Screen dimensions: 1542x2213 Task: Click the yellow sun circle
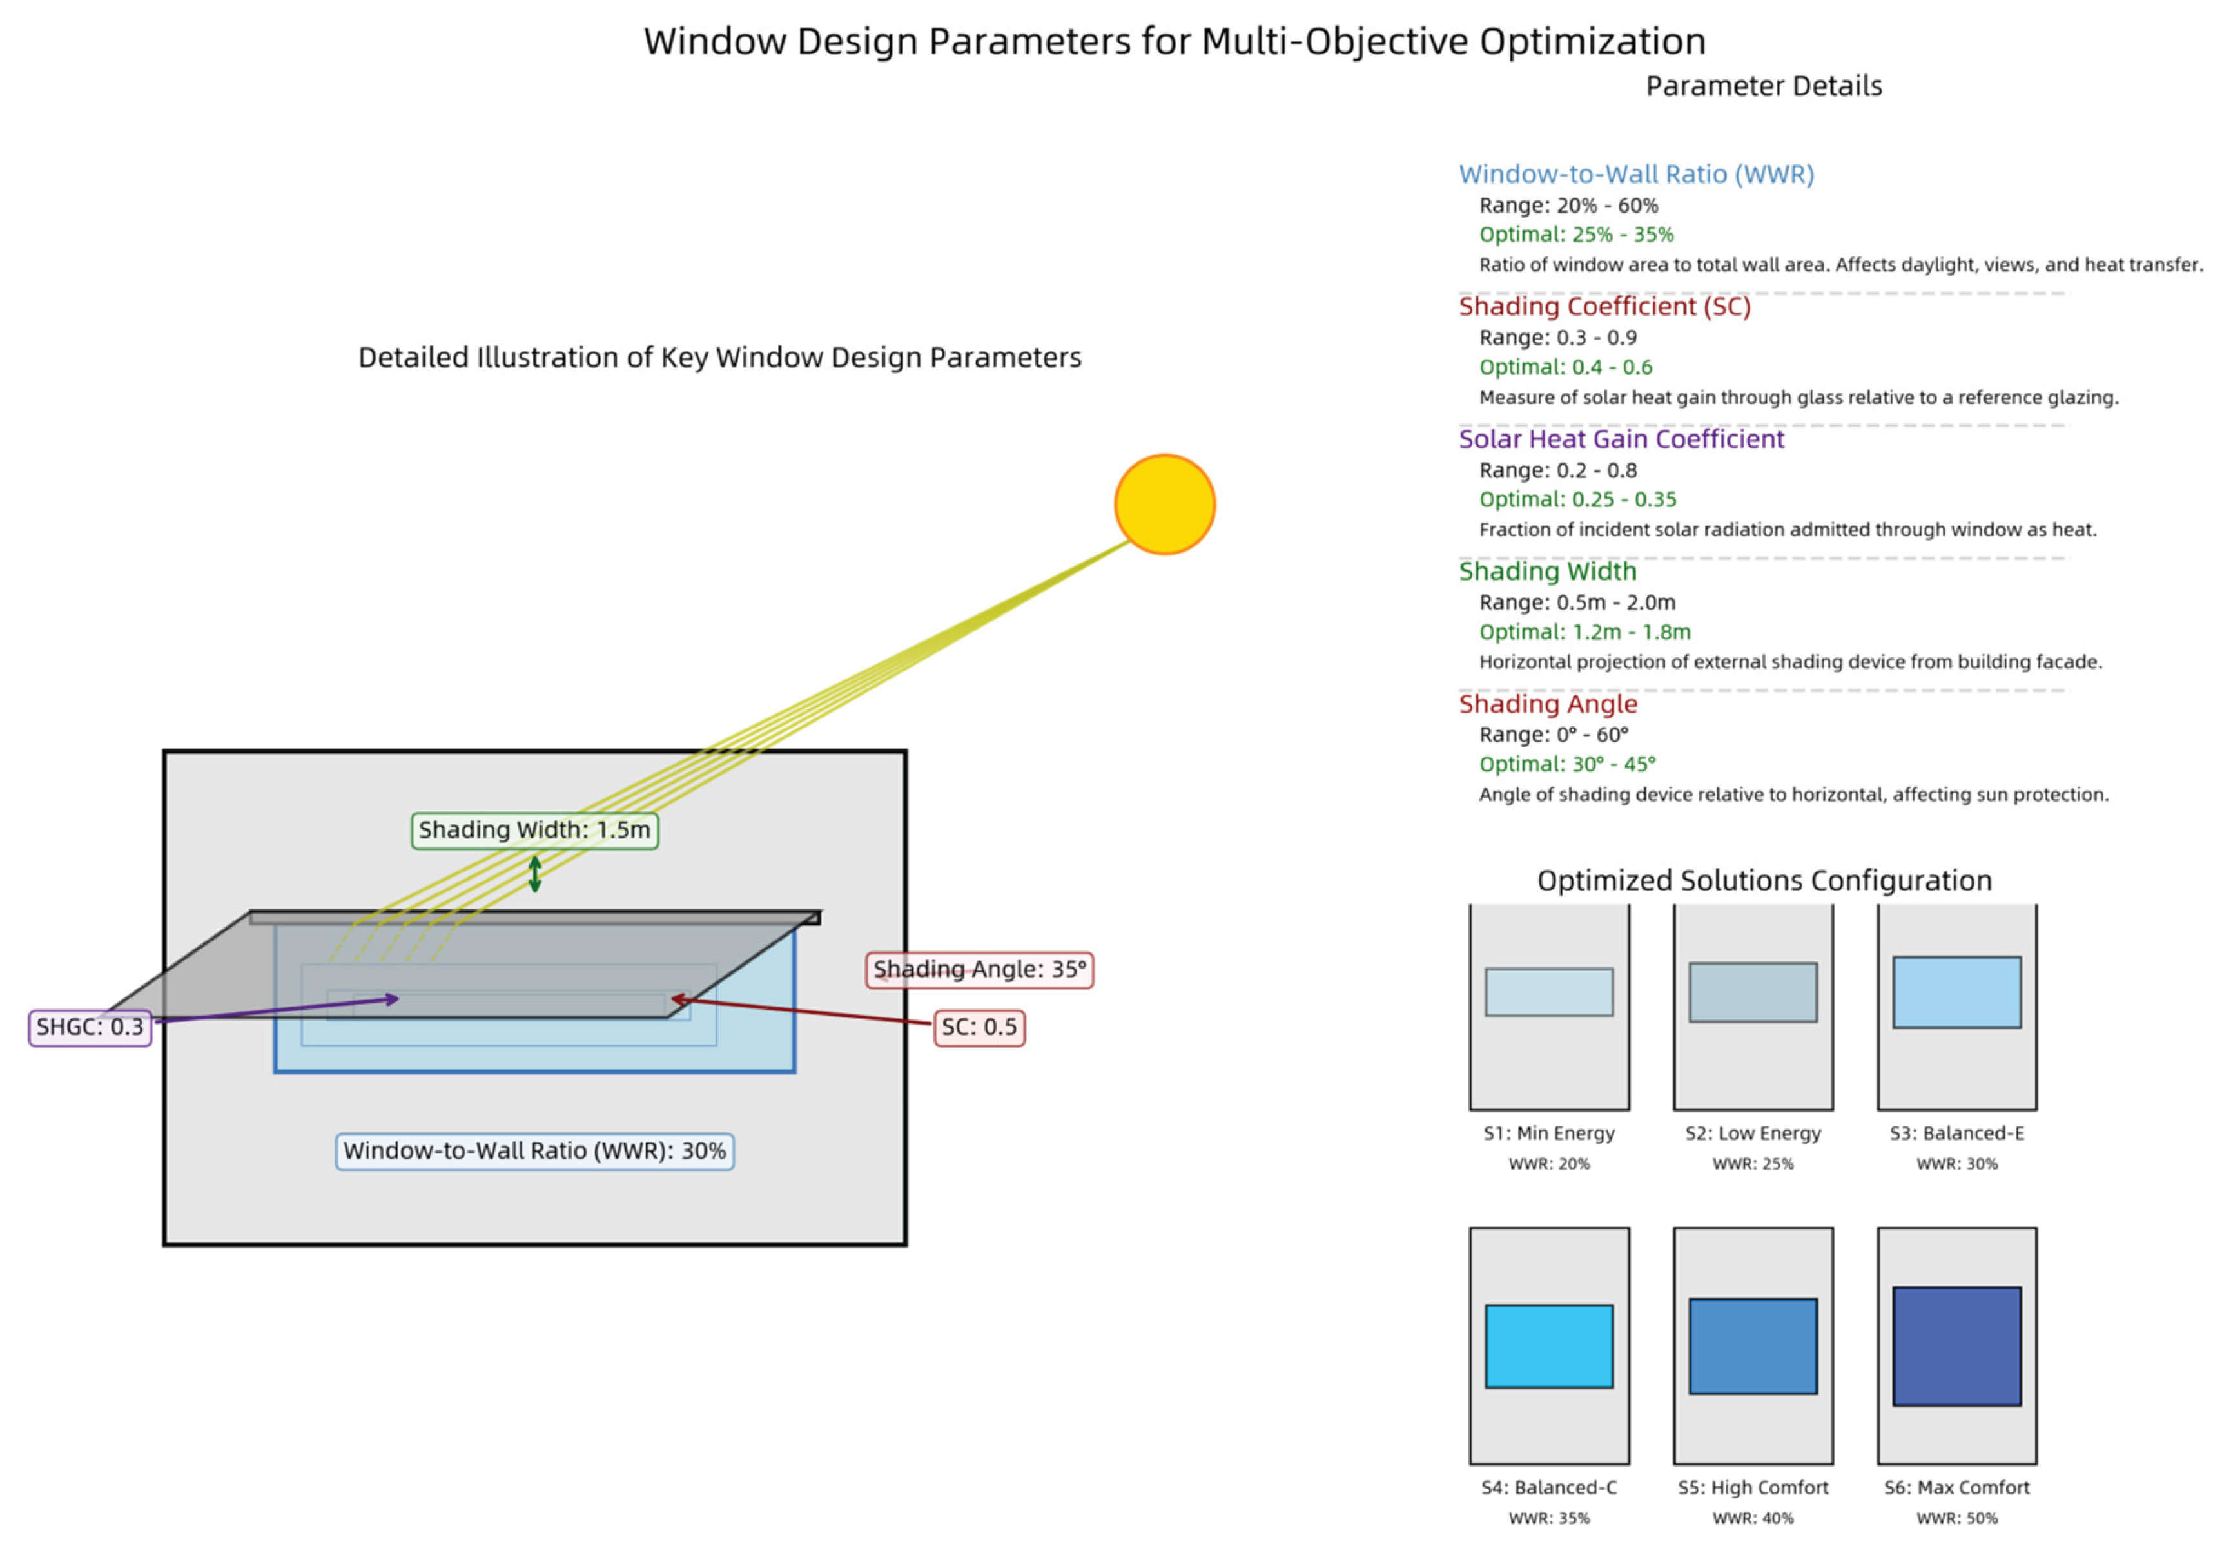(x=1164, y=504)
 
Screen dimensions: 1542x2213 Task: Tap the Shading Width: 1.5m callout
(x=535, y=830)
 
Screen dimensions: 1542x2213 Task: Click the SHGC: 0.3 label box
(x=90, y=1027)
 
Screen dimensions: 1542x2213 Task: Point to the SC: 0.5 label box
(x=979, y=1027)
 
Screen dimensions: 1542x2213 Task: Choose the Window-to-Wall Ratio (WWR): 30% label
(x=535, y=1151)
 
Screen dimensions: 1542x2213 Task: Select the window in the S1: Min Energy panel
(x=1549, y=992)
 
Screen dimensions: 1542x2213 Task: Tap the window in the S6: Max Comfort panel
(x=1956, y=1345)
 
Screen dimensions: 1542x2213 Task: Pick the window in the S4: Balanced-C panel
(x=1549, y=1345)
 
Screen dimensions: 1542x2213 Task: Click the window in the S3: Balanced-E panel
(x=1956, y=992)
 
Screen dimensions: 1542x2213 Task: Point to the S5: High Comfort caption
(x=1752, y=1487)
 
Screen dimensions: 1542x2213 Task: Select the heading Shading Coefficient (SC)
(x=1604, y=307)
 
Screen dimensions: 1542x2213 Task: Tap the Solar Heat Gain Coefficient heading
(x=1621, y=439)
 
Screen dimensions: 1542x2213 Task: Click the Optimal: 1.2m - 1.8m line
(x=1584, y=632)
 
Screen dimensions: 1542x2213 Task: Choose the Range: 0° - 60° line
(x=1554, y=735)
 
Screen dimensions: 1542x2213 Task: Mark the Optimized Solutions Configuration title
(x=1764, y=880)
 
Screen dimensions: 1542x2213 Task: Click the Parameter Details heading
(x=1763, y=86)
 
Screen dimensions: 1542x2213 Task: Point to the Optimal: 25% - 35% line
(x=1576, y=234)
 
